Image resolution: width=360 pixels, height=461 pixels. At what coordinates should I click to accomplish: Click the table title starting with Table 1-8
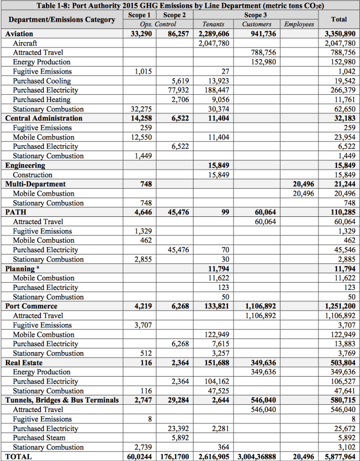[x=180, y=6]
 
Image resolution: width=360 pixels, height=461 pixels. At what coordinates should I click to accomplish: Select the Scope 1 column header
[x=140, y=15]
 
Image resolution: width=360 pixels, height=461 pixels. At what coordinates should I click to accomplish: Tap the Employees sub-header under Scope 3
[x=299, y=24]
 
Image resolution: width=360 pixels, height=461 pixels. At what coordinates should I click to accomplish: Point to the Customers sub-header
[x=257, y=24]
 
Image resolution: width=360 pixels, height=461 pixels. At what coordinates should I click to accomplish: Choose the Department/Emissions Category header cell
[x=62, y=20]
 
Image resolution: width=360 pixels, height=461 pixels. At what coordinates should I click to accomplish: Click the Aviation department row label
[x=19, y=34]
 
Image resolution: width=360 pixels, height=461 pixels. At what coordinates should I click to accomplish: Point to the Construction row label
[x=32, y=175]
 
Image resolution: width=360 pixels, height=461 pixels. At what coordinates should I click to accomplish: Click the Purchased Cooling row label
[x=41, y=81]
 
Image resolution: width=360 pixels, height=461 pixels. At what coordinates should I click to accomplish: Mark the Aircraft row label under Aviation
[x=25, y=43]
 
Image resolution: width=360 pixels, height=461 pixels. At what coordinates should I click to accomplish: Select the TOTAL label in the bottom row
[x=18, y=456]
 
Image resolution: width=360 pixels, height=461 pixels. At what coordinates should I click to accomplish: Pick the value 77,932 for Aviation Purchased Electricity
[x=178, y=90]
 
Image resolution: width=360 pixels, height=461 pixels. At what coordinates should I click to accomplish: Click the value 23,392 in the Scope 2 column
[x=178, y=429]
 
